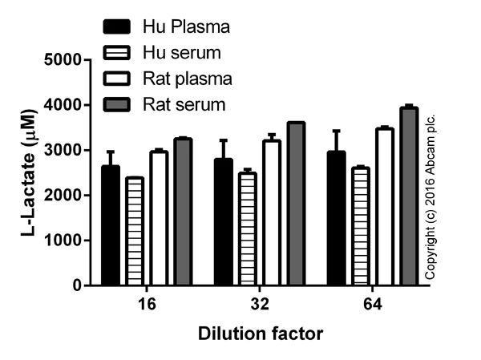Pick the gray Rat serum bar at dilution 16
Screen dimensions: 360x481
tap(183, 212)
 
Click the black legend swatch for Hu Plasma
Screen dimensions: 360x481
tap(119, 27)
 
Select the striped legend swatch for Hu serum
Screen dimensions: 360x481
tap(119, 53)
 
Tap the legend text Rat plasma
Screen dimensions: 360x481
tap(187, 79)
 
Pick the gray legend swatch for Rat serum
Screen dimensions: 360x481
tap(119, 104)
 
